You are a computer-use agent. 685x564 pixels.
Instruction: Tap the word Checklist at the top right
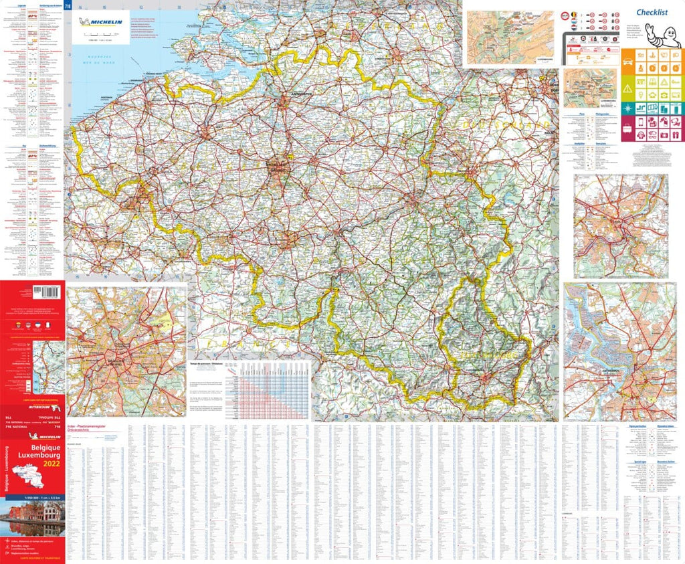(654, 11)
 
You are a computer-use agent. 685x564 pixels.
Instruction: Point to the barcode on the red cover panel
(46, 292)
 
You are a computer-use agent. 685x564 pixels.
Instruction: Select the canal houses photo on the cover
(32, 518)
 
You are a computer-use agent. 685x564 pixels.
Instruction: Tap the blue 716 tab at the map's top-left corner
(68, 7)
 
